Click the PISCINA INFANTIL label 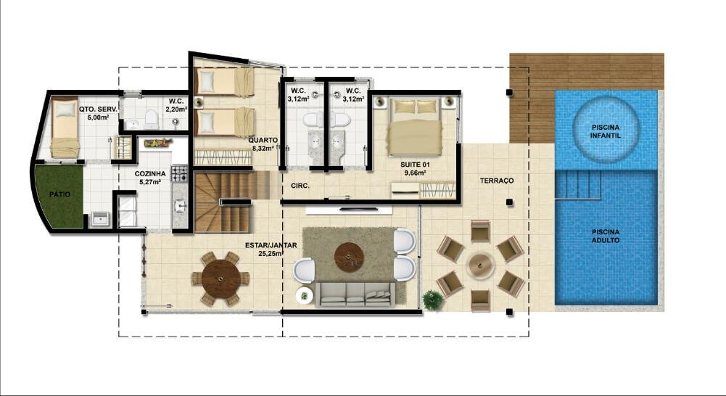pyautogui.click(x=605, y=131)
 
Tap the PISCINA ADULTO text pyautogui.click(x=605, y=236)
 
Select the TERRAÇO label pyautogui.click(x=496, y=181)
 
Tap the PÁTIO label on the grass pyautogui.click(x=59, y=194)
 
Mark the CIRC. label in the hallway pyautogui.click(x=300, y=186)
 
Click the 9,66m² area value pyautogui.click(x=415, y=173)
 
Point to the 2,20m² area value pyautogui.click(x=176, y=110)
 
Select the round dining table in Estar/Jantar pyautogui.click(x=221, y=279)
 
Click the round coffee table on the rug pyautogui.click(x=349, y=257)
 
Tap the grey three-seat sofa pyautogui.click(x=355, y=294)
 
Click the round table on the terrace pyautogui.click(x=480, y=265)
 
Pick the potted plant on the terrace pyautogui.click(x=432, y=300)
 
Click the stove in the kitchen pyautogui.click(x=179, y=173)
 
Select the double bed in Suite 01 pyautogui.click(x=415, y=126)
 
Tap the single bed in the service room pyautogui.click(x=65, y=128)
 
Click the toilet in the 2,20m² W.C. pyautogui.click(x=151, y=119)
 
